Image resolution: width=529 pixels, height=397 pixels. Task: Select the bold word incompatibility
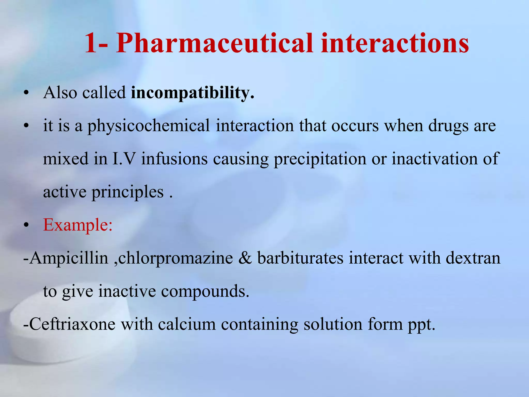[192, 93]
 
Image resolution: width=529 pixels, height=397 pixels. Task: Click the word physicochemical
[149, 126]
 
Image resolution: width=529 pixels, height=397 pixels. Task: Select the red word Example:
[78, 225]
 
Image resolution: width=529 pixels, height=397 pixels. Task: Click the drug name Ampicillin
[68, 258]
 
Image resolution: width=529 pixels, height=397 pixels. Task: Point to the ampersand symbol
[245, 258]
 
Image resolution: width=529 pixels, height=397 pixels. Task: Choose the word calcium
[187, 324]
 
